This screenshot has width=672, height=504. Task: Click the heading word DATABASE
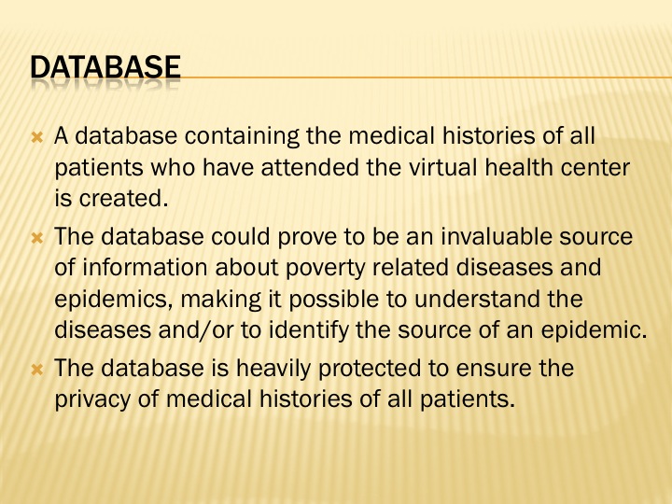105,67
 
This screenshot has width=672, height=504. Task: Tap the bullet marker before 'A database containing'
37,137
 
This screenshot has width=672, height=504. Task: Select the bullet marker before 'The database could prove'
37,238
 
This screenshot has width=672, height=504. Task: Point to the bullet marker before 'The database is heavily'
37,370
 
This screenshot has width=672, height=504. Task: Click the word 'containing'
242,136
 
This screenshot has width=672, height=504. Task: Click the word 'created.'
123,198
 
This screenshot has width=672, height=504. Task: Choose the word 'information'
145,267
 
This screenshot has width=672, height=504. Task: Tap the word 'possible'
334,300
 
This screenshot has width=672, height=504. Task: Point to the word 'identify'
309,331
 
